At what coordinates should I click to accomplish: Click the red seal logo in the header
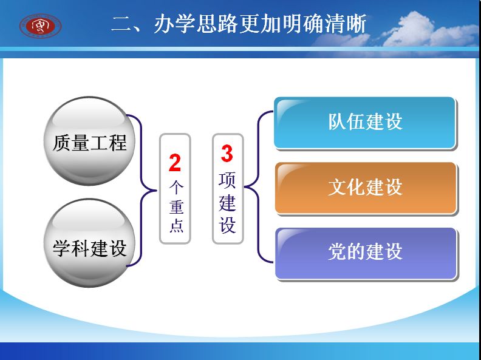point(40,26)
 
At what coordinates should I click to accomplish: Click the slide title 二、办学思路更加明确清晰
point(239,24)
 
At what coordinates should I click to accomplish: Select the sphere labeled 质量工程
point(89,141)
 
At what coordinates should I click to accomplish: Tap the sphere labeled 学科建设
point(89,243)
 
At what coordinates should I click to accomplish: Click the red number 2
point(175,163)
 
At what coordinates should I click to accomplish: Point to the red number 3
point(227,154)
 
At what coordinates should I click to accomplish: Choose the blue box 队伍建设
point(365,123)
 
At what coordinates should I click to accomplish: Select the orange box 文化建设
point(366,188)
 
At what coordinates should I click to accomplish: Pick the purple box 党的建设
point(366,253)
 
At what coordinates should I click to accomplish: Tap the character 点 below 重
point(176,225)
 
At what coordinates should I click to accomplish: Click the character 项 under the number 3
point(227,180)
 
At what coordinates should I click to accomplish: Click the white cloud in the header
point(426,31)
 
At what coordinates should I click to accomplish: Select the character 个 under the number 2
point(176,187)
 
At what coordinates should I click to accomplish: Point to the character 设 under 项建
point(227,225)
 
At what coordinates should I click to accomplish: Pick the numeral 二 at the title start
point(122,24)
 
